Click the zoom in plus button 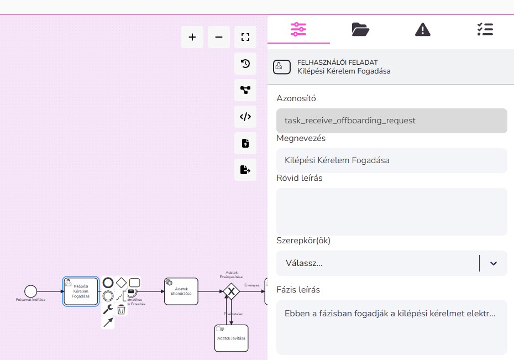(192, 37)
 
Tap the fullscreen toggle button (245, 37)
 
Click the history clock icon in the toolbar (245, 64)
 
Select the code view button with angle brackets (245, 117)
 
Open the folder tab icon (360, 29)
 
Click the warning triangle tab (422, 29)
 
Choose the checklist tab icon (485, 29)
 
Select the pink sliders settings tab (298, 29)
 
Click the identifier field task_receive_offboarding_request (391, 121)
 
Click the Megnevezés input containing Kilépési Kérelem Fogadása (391, 160)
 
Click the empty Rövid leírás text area (391, 212)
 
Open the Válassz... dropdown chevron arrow (494, 263)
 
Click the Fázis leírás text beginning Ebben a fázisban (390, 314)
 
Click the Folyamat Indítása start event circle (31, 291)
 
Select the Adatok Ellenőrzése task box (181, 291)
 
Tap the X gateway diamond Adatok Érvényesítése (232, 291)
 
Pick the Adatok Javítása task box (231, 338)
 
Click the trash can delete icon (121, 310)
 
